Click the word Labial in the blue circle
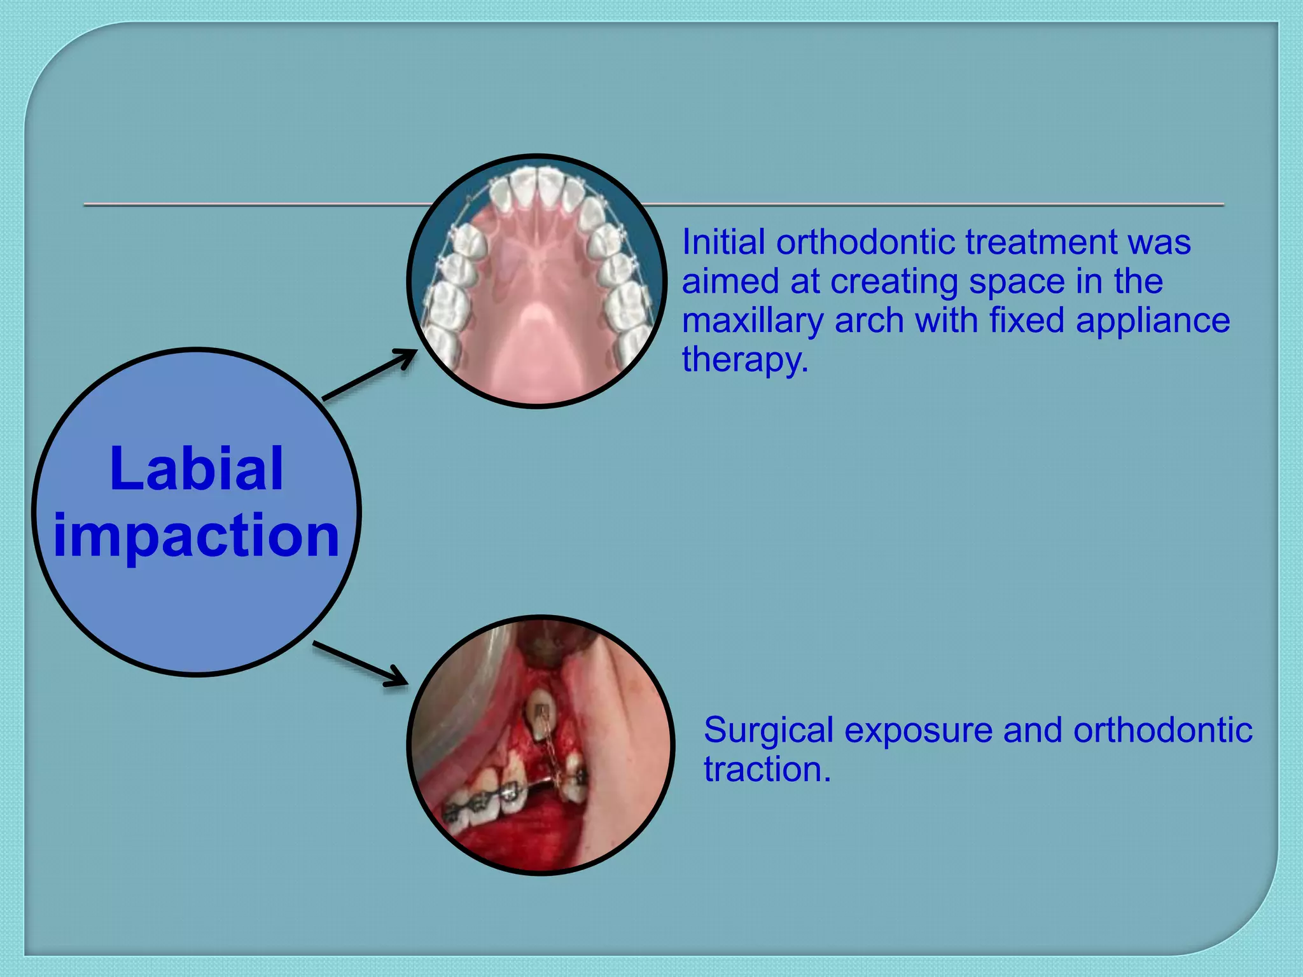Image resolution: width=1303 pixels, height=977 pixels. click(196, 469)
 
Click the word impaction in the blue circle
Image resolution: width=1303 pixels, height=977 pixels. click(196, 536)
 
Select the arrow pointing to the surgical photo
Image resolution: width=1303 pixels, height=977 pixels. click(360, 664)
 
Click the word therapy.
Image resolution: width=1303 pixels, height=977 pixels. click(744, 360)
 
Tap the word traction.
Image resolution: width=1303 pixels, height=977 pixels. click(767, 770)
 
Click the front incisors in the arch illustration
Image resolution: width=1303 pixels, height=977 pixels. click(538, 188)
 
